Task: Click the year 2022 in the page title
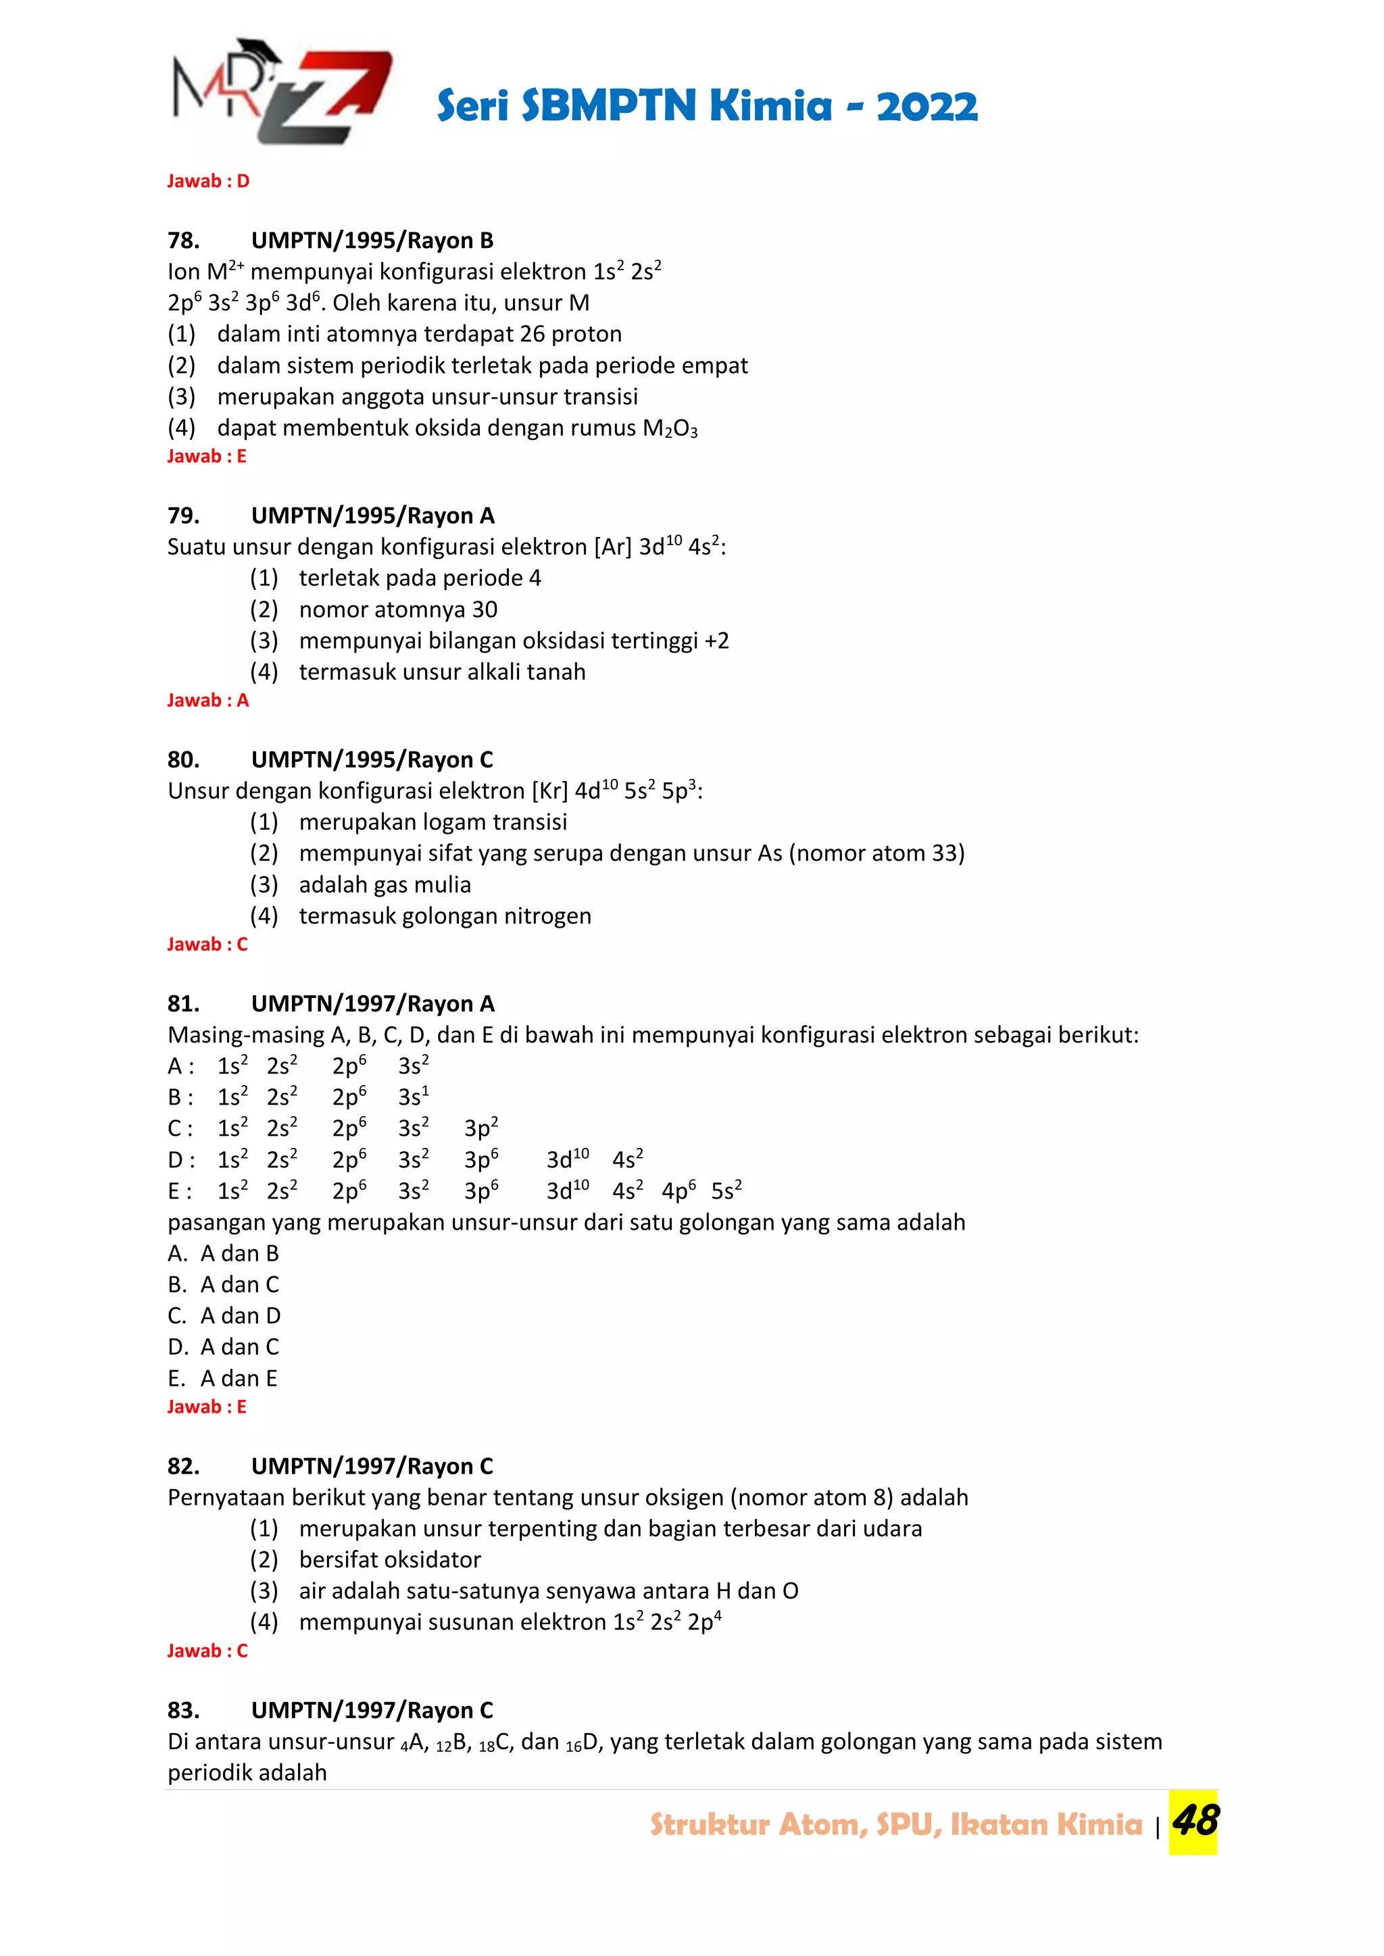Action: click(x=926, y=107)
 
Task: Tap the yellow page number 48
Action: click(x=1194, y=1822)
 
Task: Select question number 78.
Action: click(x=183, y=241)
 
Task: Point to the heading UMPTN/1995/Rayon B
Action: click(x=372, y=241)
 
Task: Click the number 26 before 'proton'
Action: click(x=533, y=334)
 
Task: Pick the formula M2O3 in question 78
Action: click(x=670, y=428)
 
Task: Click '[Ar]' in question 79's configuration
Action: click(x=613, y=547)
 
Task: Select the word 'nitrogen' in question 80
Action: click(x=547, y=916)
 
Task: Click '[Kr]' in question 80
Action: click(x=549, y=791)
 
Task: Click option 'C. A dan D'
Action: click(x=224, y=1316)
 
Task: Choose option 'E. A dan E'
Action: click(x=222, y=1378)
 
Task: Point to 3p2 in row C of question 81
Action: click(x=480, y=1128)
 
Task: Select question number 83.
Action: click(x=183, y=1711)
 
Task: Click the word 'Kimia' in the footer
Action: click(x=1099, y=1824)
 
